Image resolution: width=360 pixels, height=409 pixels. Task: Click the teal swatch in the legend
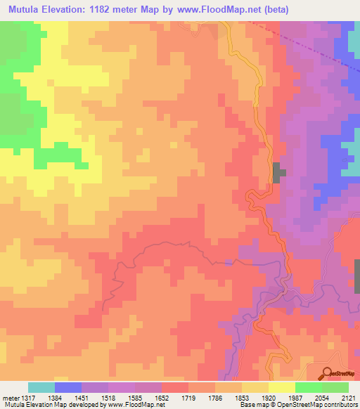(41, 387)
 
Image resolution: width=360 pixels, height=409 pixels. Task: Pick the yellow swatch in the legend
(282, 387)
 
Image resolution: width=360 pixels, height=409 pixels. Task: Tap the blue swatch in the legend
(68, 387)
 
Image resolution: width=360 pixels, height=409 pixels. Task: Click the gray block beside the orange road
(279, 173)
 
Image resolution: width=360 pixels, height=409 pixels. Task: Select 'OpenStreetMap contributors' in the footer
(320, 405)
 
